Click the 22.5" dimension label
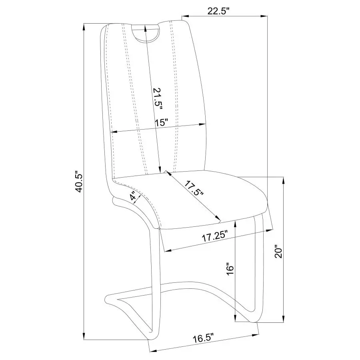tap(218, 11)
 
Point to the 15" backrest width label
tap(162, 122)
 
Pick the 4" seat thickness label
tap(135, 197)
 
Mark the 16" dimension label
tap(230, 269)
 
